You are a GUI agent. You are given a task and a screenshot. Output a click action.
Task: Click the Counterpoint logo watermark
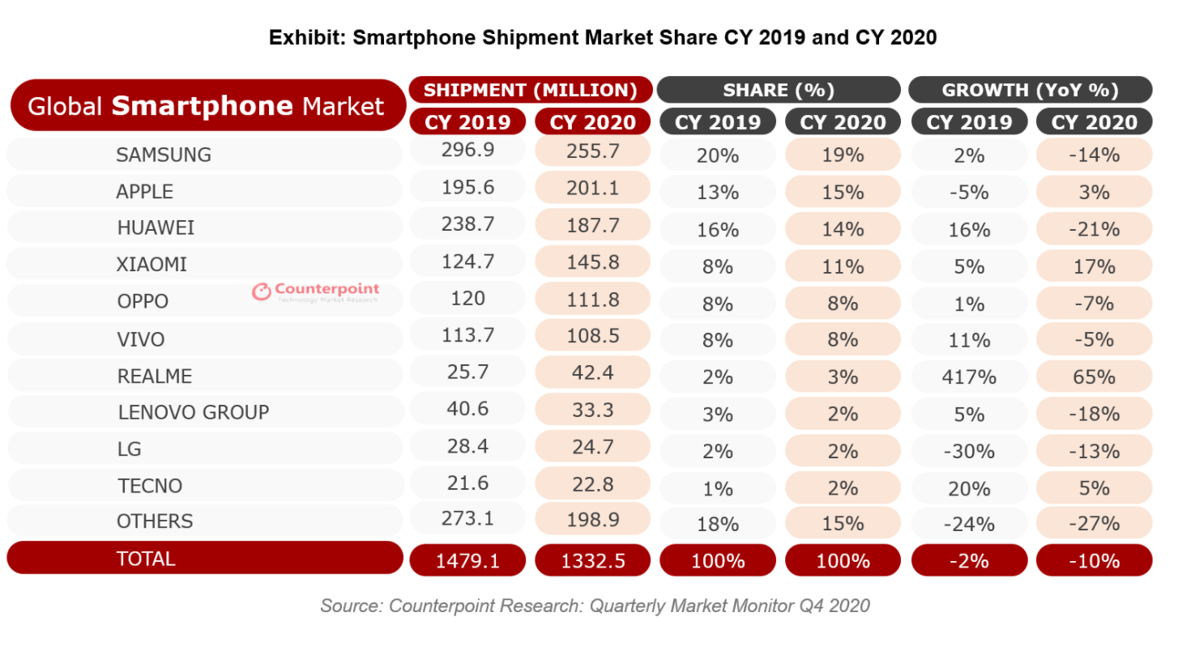[x=315, y=292]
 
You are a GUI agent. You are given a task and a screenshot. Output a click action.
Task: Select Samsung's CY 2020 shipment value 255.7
[x=592, y=151]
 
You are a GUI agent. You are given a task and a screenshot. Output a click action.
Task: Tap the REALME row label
[x=155, y=376]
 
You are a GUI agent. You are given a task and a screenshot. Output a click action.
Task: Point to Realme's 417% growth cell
[x=969, y=377]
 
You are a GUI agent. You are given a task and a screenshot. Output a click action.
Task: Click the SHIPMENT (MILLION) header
[x=531, y=90]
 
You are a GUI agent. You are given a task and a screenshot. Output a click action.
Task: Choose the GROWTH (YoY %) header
[x=1030, y=90]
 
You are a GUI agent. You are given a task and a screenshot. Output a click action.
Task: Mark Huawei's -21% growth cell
[x=1094, y=229]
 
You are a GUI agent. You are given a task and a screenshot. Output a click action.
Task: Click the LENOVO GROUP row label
[x=194, y=412]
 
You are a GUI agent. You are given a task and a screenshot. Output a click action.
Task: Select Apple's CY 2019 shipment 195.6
[x=467, y=188]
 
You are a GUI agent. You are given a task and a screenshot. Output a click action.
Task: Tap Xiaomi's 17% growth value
[x=1094, y=266]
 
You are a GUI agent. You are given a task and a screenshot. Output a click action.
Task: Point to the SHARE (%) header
[x=779, y=90]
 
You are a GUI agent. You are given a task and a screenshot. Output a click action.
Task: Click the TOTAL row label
[x=146, y=559]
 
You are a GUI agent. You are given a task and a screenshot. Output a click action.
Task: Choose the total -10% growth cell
[x=1094, y=560]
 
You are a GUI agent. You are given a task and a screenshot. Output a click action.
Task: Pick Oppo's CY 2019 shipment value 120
[x=467, y=299]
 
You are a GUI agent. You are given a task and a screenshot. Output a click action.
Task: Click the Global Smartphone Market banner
[x=206, y=106]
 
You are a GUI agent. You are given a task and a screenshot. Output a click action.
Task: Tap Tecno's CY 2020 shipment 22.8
[x=592, y=484]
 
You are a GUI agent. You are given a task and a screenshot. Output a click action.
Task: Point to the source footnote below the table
[x=595, y=606]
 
